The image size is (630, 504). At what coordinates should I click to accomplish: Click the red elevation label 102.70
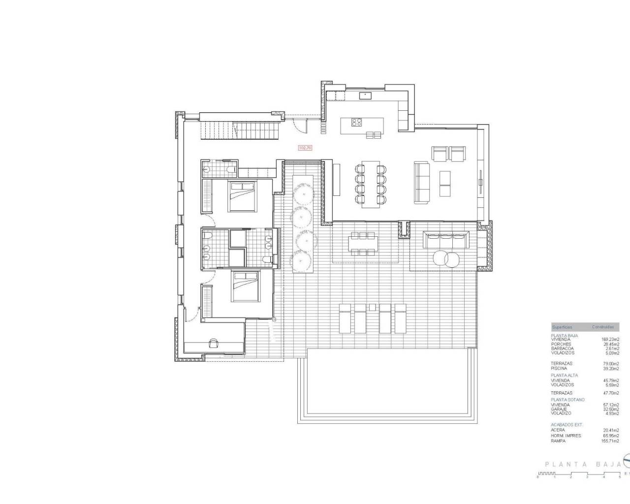305,147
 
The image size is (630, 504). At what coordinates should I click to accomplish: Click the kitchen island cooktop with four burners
358,122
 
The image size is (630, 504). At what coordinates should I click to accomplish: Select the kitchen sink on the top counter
365,95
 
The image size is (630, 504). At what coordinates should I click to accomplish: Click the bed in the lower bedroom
245,286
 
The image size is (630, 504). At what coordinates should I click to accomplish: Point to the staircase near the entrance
240,130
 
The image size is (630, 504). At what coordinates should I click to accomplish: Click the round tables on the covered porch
446,259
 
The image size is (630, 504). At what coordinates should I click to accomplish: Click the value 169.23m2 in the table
610,339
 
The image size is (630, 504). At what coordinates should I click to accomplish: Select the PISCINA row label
559,368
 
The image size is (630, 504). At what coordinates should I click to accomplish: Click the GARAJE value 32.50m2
610,409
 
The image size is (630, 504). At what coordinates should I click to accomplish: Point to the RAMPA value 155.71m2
610,441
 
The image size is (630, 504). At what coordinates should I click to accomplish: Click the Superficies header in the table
562,327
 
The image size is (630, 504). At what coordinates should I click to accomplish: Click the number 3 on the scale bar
587,477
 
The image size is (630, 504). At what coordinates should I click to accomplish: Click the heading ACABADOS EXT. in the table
565,424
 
